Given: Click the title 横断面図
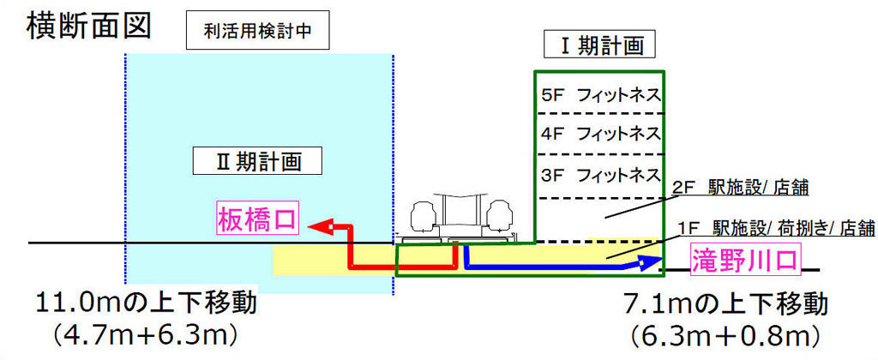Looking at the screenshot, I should pyautogui.click(x=89, y=26).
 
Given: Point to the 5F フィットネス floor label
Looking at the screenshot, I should pyautogui.click(x=601, y=95).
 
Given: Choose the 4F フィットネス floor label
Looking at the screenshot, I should pyautogui.click(x=601, y=135).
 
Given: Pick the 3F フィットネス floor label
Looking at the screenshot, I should pyautogui.click(x=601, y=175).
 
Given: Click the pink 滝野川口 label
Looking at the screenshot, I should pyautogui.click(x=746, y=259).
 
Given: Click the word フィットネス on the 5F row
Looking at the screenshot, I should pyautogui.click(x=619, y=95).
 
